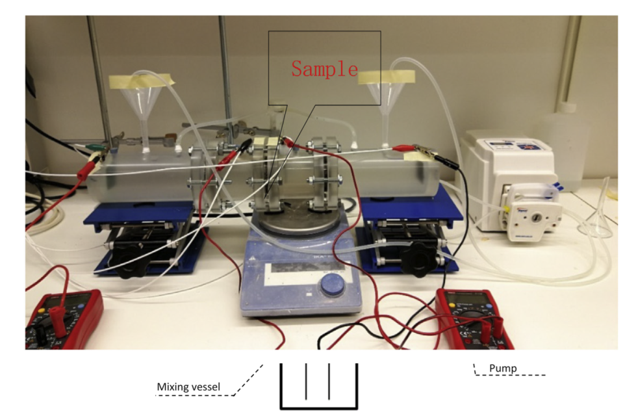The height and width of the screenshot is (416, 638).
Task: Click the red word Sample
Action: click(324, 69)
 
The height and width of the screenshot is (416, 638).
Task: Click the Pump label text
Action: click(503, 369)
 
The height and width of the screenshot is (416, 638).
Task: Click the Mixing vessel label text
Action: click(188, 387)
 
